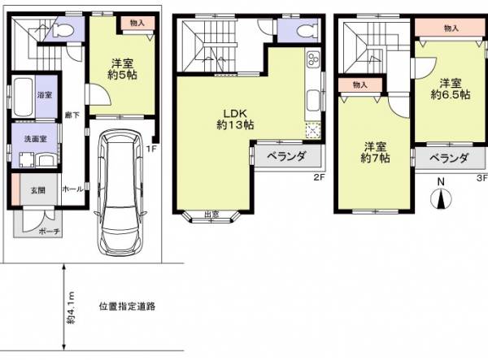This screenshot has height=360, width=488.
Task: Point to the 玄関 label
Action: tap(38, 191)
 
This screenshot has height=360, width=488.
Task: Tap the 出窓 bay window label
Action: tap(211, 215)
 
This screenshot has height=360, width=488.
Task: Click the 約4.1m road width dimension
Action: tap(71, 308)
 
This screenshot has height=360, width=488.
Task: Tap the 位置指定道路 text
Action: tap(127, 307)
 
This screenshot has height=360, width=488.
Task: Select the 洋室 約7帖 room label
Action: tap(375, 152)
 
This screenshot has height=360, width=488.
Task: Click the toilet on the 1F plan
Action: tap(63, 30)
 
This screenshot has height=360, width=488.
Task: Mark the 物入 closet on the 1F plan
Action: tap(137, 24)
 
